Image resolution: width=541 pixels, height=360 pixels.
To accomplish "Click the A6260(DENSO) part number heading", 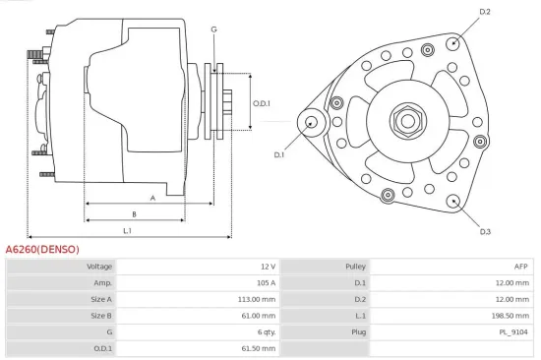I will click(x=42, y=249).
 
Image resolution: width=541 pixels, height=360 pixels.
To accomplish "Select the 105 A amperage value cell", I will click(x=265, y=282).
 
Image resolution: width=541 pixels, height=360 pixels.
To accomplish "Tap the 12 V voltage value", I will click(x=269, y=266).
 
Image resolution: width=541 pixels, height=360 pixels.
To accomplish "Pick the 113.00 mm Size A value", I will click(x=258, y=299).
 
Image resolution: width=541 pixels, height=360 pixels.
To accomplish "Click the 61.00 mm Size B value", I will click(x=260, y=315).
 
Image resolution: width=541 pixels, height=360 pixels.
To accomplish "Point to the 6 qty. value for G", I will click(x=265, y=331).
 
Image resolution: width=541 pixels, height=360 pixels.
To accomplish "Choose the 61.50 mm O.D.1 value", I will click(x=260, y=348).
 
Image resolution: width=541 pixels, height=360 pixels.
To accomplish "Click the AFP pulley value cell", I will click(x=520, y=266).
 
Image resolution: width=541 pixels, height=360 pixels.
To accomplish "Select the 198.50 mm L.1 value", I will click(x=511, y=315).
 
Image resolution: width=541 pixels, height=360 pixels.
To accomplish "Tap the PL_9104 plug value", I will click(x=513, y=331).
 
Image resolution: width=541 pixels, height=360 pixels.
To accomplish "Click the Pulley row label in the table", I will click(x=355, y=266).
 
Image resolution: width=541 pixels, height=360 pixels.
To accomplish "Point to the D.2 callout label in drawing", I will click(x=484, y=12).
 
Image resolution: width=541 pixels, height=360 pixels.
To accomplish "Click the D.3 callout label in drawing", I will click(x=485, y=231).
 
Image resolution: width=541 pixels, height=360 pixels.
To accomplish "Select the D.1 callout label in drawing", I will click(x=278, y=154).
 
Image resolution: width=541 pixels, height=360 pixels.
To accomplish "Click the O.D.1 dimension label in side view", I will click(x=261, y=103).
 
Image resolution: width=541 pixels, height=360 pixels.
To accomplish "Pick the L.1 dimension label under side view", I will click(x=128, y=230).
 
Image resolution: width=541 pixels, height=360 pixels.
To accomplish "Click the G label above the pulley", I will click(x=213, y=30).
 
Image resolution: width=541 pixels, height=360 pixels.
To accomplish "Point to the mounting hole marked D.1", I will click(x=312, y=122).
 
